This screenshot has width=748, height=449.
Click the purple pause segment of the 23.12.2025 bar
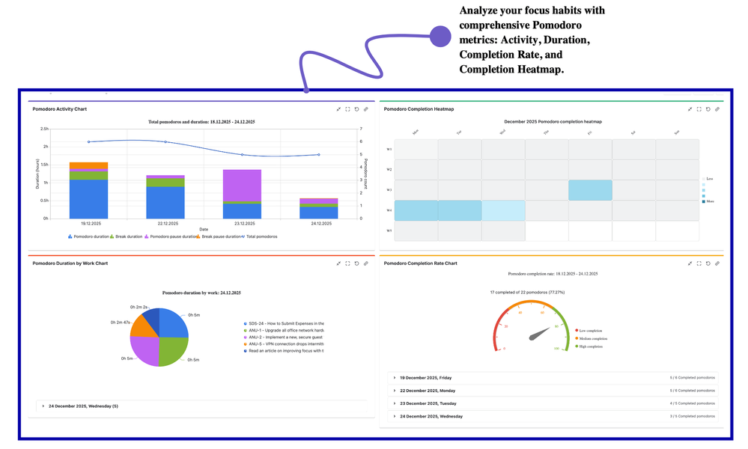click(242, 186)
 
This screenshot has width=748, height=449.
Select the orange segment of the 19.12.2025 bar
click(89, 165)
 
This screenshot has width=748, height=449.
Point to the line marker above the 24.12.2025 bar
click(319, 155)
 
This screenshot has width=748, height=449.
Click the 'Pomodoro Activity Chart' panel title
click(60, 109)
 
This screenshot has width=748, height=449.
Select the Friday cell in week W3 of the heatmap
click(590, 190)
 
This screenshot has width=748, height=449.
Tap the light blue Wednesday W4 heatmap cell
click(503, 210)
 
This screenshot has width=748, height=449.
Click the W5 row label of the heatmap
click(389, 230)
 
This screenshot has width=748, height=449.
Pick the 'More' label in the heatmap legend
click(710, 201)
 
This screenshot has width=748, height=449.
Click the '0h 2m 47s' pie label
click(121, 323)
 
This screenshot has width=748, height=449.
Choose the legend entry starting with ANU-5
click(285, 344)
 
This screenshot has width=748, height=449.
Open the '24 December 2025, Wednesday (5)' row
click(83, 406)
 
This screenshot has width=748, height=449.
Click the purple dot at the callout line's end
click(440, 36)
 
